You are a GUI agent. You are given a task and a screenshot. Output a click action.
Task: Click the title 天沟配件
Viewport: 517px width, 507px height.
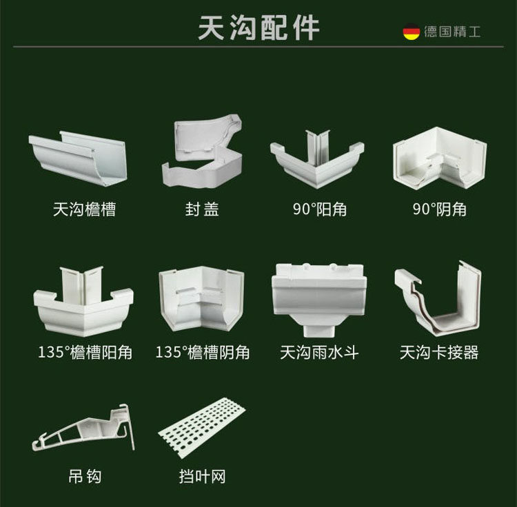click(x=258, y=28)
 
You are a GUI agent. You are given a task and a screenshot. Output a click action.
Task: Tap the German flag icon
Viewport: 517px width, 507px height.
click(x=412, y=31)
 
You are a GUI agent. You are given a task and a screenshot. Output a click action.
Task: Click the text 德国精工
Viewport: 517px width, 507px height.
click(x=452, y=32)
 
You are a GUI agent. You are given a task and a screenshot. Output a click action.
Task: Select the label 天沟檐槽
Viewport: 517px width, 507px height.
click(x=84, y=209)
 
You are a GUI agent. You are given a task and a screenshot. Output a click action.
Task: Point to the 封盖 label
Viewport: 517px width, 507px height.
click(x=202, y=209)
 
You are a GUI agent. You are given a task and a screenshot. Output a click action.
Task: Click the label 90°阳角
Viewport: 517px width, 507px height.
click(x=319, y=209)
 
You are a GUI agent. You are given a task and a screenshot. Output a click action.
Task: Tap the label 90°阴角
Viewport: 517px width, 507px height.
click(x=440, y=209)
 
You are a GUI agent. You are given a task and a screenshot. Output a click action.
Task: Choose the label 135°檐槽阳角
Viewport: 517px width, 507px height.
click(x=85, y=353)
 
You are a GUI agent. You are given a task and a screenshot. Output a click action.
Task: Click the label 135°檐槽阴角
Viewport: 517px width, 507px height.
click(x=202, y=353)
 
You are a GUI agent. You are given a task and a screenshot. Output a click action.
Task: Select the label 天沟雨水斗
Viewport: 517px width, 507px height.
click(x=319, y=353)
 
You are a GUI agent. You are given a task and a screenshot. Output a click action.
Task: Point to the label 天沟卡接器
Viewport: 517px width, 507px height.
click(x=439, y=353)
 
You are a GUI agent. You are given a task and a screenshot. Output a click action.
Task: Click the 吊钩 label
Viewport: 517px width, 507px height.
click(x=85, y=476)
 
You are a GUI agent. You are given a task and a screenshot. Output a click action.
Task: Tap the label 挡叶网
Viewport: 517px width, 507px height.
click(x=202, y=476)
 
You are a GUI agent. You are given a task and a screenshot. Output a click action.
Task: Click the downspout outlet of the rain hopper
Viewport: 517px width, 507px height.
click(x=318, y=324)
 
